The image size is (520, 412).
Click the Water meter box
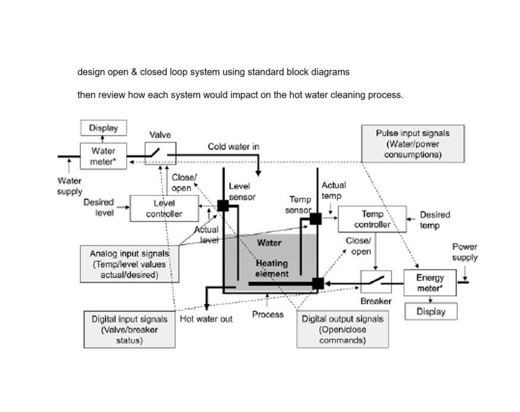pyautogui.click(x=103, y=156)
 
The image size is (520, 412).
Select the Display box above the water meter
pyautogui.click(x=103, y=128)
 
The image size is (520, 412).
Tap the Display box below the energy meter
pyautogui.click(x=431, y=312)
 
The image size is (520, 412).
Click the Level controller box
pyautogui.click(x=164, y=208)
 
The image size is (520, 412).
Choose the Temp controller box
pyautogui.click(x=373, y=219)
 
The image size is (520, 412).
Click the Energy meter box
pyautogui.click(x=430, y=283)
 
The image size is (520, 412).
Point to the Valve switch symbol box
pyautogui.click(x=160, y=154)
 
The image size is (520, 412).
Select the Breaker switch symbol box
pyautogui.click(x=376, y=282)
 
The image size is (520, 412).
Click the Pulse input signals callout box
pyautogui.click(x=413, y=144)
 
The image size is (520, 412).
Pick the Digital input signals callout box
pyautogui.click(x=129, y=329)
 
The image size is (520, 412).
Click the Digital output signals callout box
pyautogui.click(x=342, y=329)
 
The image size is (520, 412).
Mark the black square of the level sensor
pyautogui.click(x=223, y=205)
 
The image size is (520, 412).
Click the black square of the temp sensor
pyautogui.click(x=316, y=219)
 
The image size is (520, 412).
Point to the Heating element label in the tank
pyautogui.click(x=272, y=269)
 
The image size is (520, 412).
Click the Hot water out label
pyautogui.click(x=206, y=319)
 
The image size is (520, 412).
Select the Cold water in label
pyautogui.click(x=234, y=146)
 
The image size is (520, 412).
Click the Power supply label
pyautogui.click(x=464, y=252)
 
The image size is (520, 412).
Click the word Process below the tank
pyautogui.click(x=268, y=315)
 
